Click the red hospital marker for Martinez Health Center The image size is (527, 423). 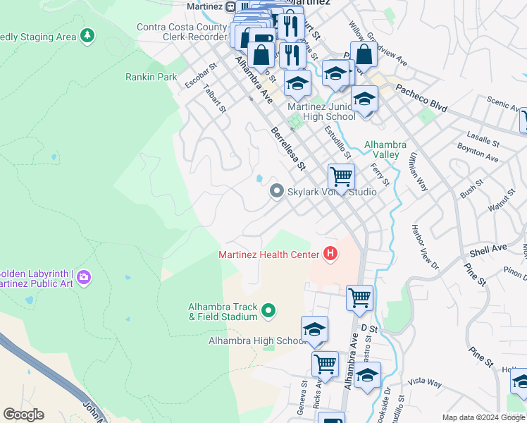pyautogui.click(x=329, y=254)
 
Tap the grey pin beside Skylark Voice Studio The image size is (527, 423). pyautogui.click(x=277, y=191)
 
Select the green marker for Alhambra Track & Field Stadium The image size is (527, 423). pyautogui.click(x=268, y=310)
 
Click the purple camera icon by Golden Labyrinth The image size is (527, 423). pyautogui.click(x=84, y=278)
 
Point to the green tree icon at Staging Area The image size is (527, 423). pyautogui.click(x=87, y=35)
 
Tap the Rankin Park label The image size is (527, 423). pyautogui.click(x=151, y=76)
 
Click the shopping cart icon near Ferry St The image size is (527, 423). pyautogui.click(x=341, y=176)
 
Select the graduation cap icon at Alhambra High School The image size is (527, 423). pyautogui.click(x=314, y=329)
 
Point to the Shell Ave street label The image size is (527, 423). pyautogui.click(x=488, y=249)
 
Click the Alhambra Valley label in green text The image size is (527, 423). pyautogui.click(x=385, y=149)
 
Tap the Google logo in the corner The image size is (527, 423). pyautogui.click(x=23, y=415)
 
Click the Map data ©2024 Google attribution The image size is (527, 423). pyautogui.click(x=483, y=417)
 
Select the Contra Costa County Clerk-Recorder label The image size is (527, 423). pyautogui.click(x=182, y=33)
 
